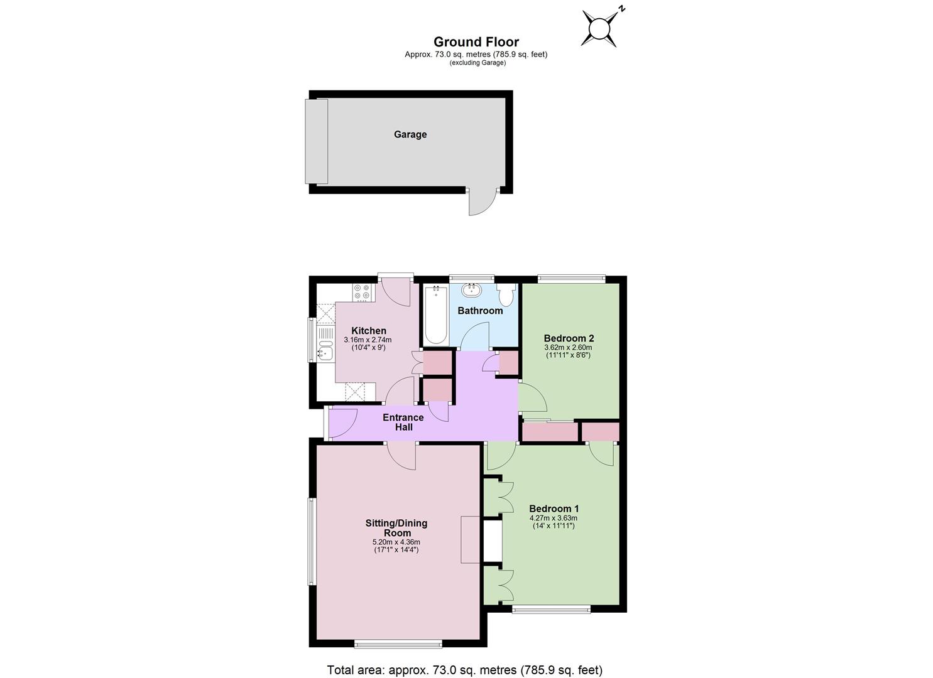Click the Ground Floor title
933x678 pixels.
point(476,42)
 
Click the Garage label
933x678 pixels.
point(410,134)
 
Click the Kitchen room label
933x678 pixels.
point(369,330)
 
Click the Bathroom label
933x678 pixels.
point(480,311)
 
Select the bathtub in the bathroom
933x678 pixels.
point(436,315)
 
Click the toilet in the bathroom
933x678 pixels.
point(506,294)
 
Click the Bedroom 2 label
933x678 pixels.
point(569,338)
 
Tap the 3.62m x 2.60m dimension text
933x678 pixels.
point(568,347)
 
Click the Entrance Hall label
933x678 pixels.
point(403,422)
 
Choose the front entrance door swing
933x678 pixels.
point(343,423)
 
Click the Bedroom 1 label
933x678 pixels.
point(554,508)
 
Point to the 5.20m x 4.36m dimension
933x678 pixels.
point(396,542)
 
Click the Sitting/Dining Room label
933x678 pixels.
point(396,528)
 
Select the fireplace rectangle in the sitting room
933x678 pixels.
point(471,539)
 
